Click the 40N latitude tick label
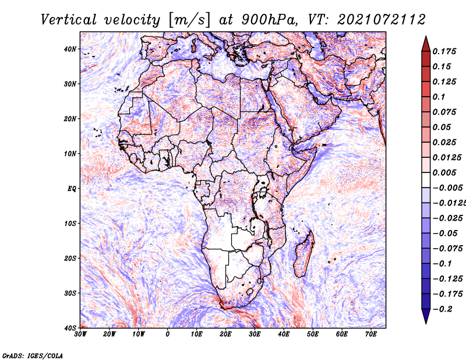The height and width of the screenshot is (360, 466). pos(70,49)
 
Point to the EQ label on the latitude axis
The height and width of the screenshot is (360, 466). pos(72,189)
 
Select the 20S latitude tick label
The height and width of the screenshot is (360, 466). pos(70,258)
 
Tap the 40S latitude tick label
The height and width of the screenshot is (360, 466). pos(70,328)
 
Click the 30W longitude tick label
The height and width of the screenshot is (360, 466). pos(80,334)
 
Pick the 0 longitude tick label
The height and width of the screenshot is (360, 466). pos(168,334)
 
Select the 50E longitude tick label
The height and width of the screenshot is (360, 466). pos(313,334)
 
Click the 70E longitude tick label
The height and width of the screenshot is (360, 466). pos(371,334)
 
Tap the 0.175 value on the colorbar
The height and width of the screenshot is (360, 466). pos(444,52)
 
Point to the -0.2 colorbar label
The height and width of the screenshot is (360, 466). pos(443,309)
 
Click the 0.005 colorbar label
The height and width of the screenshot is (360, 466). pos(444,172)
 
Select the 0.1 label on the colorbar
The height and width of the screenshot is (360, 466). pos(439,97)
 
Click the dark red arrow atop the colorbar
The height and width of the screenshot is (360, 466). pos(426,44)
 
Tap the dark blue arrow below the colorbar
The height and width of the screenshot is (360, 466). pos(426,316)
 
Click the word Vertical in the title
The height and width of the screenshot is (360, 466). pos(69,20)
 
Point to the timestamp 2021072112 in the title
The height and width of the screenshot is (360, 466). pos(382,20)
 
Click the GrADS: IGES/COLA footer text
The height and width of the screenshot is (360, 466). pos(33,356)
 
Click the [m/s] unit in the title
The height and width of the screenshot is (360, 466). pos(190,20)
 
